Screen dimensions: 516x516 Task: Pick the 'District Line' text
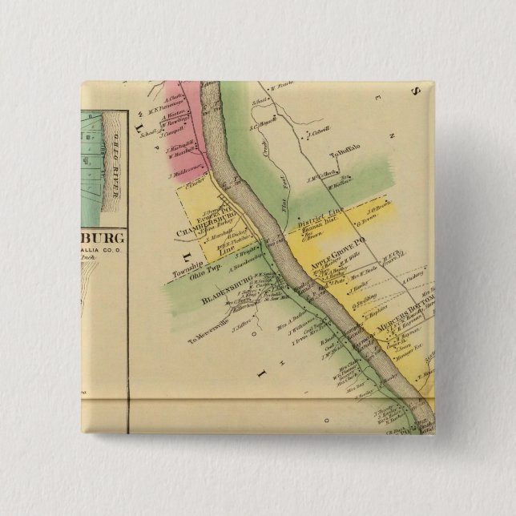[317, 220]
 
